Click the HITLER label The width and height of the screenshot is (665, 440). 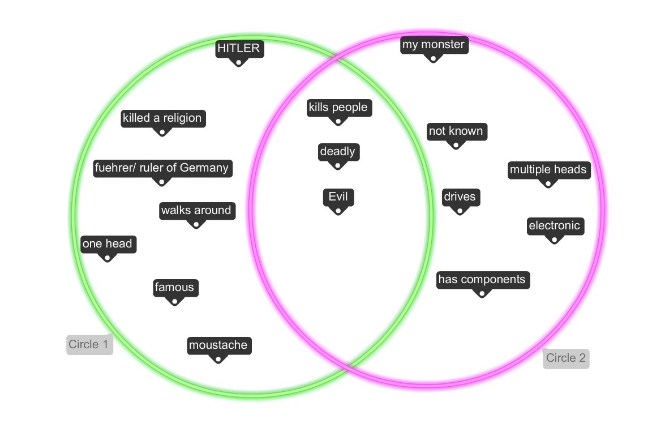click(239, 49)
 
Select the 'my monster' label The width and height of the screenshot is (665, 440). click(434, 45)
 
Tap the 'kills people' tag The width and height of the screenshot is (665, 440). click(338, 107)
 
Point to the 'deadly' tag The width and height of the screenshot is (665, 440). click(337, 151)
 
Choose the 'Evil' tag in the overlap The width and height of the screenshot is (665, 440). click(338, 197)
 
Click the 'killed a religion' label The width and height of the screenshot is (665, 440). click(162, 118)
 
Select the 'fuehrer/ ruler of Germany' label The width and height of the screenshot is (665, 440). click(162, 168)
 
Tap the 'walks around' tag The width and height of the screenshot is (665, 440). click(196, 210)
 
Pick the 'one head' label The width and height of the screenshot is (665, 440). click(108, 244)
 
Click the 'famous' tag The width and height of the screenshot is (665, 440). click(174, 287)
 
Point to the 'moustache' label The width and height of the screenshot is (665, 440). click(218, 345)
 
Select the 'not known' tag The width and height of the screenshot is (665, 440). click(456, 131)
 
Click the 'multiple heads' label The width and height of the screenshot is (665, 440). click(548, 169)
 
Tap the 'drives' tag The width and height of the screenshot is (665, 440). click(460, 197)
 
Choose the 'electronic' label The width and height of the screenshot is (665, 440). click(554, 225)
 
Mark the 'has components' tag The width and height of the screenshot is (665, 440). click(482, 279)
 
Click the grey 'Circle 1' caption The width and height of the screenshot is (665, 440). click(88, 344)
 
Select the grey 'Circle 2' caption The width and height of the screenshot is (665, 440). click(565, 358)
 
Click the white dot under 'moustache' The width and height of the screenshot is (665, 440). click(218, 359)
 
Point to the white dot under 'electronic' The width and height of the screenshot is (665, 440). click(554, 240)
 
